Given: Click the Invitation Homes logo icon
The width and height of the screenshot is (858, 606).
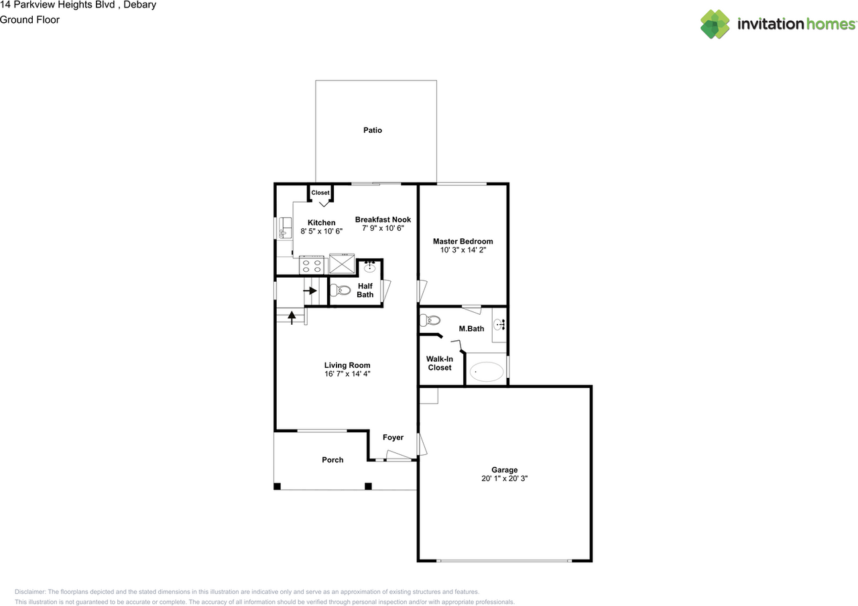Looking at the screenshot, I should point(715,24).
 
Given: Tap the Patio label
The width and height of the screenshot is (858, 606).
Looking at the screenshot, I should point(373,130).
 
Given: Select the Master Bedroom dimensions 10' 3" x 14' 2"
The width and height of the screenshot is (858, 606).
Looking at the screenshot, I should point(463,250).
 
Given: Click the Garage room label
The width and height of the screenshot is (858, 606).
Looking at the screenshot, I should point(504,470).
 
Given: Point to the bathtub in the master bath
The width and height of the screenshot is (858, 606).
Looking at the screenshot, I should point(486,371).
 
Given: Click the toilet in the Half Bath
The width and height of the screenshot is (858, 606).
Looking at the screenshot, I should point(340,291).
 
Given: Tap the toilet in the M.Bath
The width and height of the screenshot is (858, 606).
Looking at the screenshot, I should point(429,320).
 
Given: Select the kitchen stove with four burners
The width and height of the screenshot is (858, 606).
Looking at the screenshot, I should point(312,264).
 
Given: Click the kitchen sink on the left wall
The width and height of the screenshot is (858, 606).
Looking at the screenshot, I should point(285,228).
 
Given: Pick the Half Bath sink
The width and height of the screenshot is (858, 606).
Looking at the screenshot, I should point(369,268).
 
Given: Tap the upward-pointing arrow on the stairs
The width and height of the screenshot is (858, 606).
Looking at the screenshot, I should point(292,316).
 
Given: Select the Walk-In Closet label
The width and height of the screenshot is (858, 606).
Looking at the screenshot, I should point(439,363).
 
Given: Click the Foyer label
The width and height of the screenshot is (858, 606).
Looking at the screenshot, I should point(393,438).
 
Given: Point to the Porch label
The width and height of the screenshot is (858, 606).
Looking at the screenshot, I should point(332,460).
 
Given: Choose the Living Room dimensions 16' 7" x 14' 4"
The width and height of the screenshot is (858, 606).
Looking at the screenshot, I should point(347,374).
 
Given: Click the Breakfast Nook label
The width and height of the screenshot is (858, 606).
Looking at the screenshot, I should point(383,219).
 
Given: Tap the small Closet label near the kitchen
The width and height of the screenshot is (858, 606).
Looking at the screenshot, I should point(320,193).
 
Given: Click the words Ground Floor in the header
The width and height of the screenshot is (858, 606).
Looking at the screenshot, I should point(29,19).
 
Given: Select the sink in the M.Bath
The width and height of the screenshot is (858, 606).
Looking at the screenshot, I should point(499,325).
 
